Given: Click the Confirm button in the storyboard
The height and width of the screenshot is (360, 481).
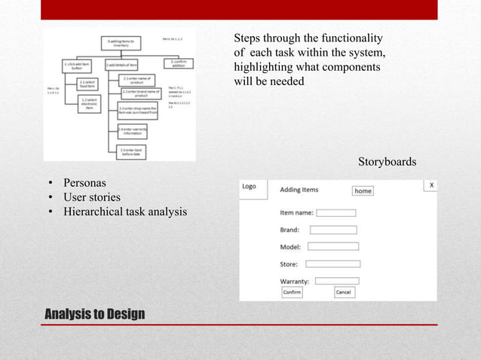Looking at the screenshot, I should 291,291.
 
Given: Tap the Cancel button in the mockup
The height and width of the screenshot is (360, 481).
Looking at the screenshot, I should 344,291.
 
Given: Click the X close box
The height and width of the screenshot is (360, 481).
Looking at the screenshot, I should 431,185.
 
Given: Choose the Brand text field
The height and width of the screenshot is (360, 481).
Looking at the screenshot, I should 333,230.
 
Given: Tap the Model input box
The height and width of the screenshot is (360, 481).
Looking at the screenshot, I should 333,246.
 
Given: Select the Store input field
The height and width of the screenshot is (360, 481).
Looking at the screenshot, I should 332,264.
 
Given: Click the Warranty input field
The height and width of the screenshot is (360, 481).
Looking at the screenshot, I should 336,281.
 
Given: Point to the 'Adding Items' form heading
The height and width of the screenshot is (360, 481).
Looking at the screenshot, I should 299,190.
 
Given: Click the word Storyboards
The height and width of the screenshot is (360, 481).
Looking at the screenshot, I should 387,162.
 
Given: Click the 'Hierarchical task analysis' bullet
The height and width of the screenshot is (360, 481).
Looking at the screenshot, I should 124,212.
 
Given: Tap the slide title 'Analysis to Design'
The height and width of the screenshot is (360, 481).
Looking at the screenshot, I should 94,313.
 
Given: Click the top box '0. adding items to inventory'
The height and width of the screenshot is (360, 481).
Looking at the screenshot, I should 125,43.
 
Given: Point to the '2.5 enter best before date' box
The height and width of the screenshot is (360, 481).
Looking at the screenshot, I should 137,150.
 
